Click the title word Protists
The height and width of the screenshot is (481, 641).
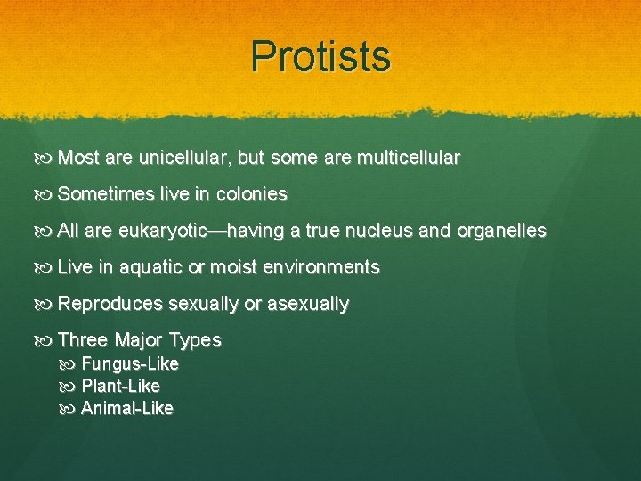[x=320, y=56]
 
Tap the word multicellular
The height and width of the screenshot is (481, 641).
[x=408, y=158]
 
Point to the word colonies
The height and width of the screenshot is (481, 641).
[x=252, y=194]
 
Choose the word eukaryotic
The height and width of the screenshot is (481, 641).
[x=164, y=231]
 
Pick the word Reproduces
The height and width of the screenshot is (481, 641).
[x=110, y=304]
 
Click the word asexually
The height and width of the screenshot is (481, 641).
[x=308, y=304]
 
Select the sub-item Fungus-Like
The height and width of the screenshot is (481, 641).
[x=130, y=364]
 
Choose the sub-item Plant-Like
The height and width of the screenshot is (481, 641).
[x=120, y=387]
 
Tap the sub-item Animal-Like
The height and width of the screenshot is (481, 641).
[x=127, y=409]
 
